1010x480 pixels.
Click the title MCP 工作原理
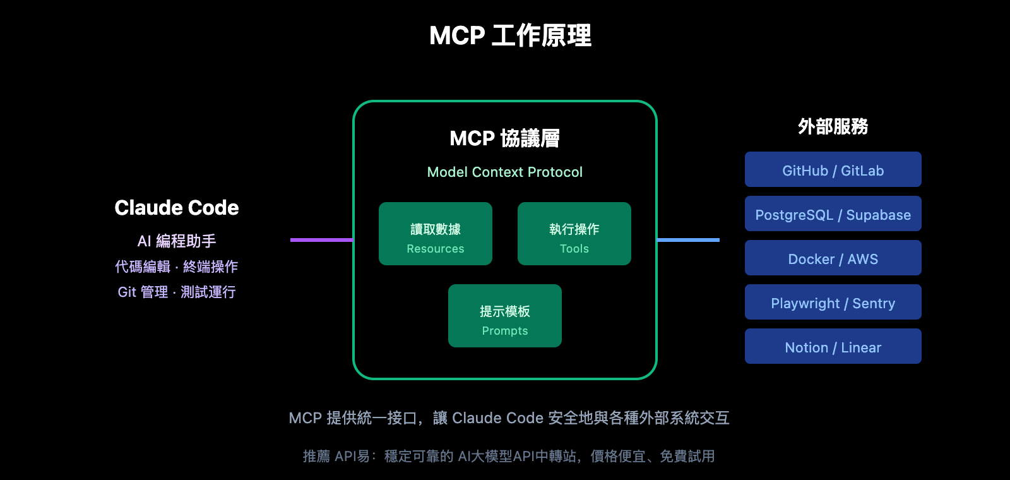(x=510, y=35)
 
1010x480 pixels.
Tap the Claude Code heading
(x=177, y=208)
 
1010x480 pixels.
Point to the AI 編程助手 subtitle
(x=177, y=241)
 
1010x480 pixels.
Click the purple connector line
(x=321, y=240)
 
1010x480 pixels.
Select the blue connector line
(x=688, y=240)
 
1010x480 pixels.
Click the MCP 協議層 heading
(x=504, y=138)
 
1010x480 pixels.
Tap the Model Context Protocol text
(x=504, y=172)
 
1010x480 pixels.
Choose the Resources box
(x=436, y=234)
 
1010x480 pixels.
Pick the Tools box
(x=574, y=234)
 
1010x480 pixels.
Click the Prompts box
(x=505, y=316)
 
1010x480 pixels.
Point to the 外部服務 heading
(x=833, y=126)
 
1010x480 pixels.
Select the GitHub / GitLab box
(x=833, y=169)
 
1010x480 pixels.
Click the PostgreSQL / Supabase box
(x=833, y=213)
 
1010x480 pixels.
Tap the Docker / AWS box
(x=833, y=258)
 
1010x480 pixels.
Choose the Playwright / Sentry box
(x=833, y=302)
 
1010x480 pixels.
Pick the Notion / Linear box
(x=833, y=346)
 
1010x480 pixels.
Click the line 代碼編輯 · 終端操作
(x=177, y=267)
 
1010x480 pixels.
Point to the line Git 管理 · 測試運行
(x=177, y=292)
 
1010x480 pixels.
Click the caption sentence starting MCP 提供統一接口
(x=509, y=418)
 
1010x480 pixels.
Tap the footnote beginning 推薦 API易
(x=509, y=456)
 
